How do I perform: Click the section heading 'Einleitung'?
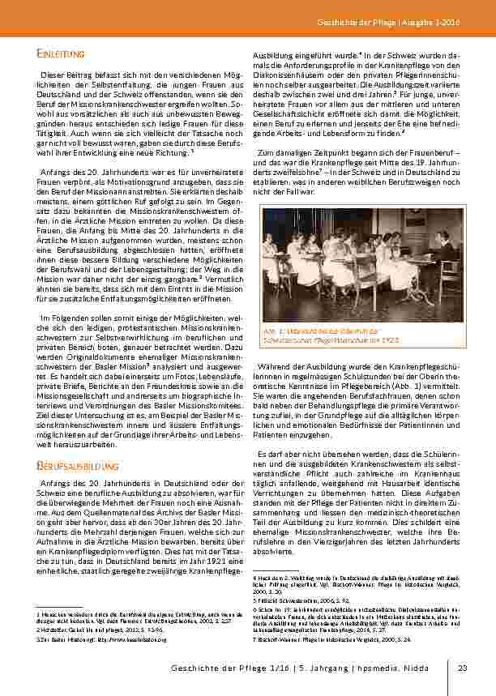click(61, 53)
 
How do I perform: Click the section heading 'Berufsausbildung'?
click(79, 466)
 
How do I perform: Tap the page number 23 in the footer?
click(463, 668)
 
